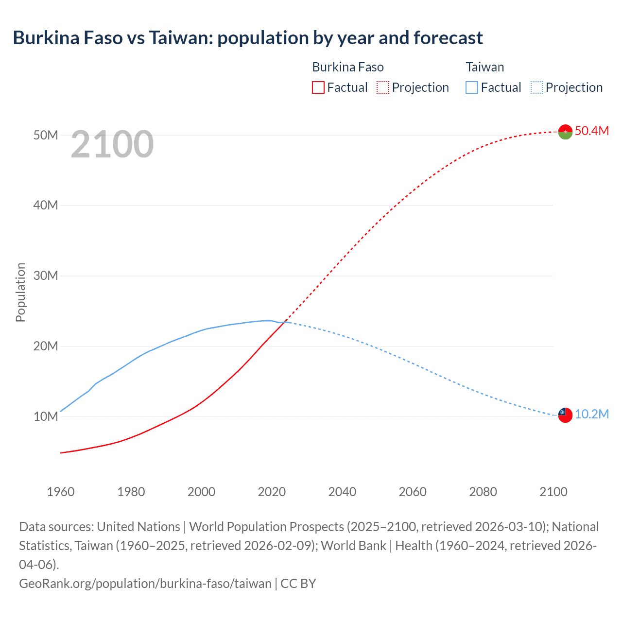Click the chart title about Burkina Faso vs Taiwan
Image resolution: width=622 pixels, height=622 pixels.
248,37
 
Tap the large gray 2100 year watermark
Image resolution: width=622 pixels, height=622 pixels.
112,144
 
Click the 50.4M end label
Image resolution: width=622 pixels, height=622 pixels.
591,131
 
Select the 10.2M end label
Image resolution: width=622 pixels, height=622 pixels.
591,414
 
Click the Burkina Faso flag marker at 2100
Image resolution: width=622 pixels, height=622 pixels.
565,132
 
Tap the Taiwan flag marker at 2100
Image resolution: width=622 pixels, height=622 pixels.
565,415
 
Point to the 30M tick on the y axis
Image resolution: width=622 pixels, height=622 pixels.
46,276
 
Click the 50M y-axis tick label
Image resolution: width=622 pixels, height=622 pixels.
46,135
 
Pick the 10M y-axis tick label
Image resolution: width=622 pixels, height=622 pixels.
46,416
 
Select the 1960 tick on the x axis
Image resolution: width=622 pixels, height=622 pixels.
61,492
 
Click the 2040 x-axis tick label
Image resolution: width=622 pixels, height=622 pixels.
342,492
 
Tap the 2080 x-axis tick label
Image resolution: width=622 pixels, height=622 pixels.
483,492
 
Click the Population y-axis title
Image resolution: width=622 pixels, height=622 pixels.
20,292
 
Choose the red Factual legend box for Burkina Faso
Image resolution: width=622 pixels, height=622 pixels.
318,87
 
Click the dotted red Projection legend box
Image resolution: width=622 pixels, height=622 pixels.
383,87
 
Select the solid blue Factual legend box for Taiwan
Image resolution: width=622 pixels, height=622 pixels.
472,87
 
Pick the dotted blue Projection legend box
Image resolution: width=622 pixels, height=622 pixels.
537,87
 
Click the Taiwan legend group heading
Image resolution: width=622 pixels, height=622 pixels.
484,67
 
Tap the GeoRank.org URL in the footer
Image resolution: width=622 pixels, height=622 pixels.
145,583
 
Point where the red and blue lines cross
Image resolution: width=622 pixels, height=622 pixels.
285,322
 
